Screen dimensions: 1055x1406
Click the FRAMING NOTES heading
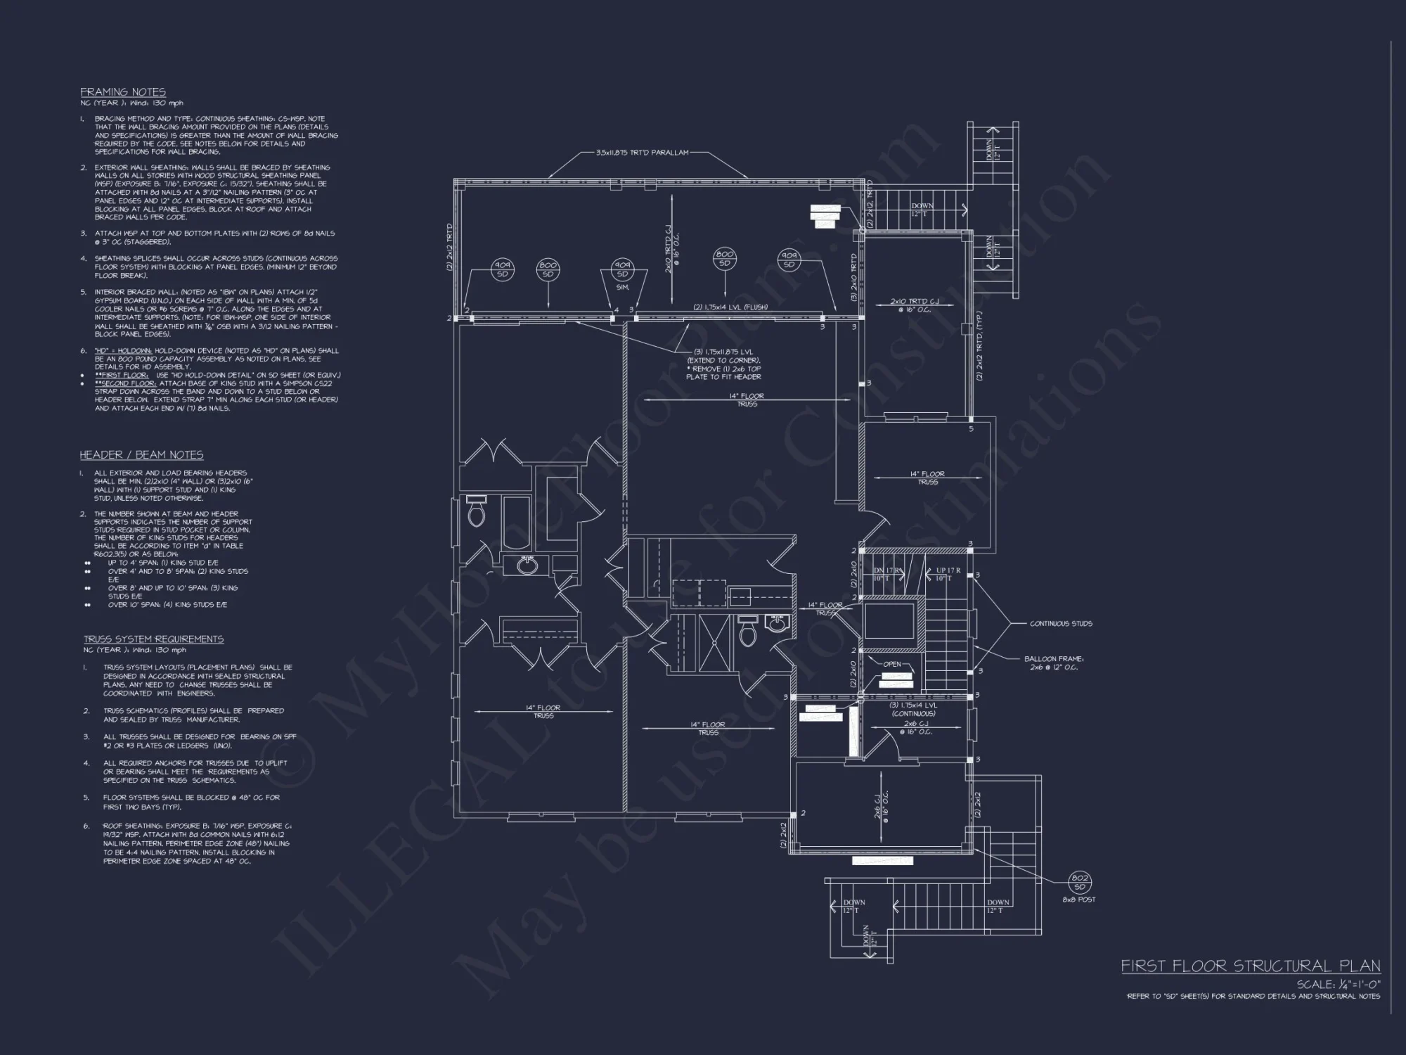pyautogui.click(x=123, y=92)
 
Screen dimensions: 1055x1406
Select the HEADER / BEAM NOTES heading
pyautogui.click(x=141, y=455)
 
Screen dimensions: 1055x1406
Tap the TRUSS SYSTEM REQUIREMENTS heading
pyautogui.click(x=153, y=639)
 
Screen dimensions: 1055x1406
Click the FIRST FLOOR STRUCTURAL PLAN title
pyautogui.click(x=1250, y=966)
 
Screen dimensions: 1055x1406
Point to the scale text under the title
pyautogui.click(x=1339, y=985)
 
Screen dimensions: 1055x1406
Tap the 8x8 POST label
pyautogui.click(x=1079, y=900)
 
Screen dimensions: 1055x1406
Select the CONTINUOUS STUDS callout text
pyautogui.click(x=1061, y=624)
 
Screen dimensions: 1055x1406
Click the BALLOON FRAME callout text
pyautogui.click(x=1054, y=663)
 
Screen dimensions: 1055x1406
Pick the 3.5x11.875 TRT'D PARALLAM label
pyautogui.click(x=642, y=153)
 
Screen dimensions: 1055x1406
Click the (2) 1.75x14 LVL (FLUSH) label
pyautogui.click(x=730, y=307)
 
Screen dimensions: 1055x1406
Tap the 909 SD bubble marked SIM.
pyautogui.click(x=621, y=270)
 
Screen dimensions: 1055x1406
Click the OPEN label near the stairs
pyautogui.click(x=891, y=664)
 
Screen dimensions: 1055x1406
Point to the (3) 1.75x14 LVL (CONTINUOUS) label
pyautogui.click(x=913, y=709)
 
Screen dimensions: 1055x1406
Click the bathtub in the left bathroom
pyautogui.click(x=518, y=524)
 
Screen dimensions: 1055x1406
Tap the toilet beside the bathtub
pyautogui.click(x=477, y=513)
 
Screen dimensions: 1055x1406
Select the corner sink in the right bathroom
pyautogui.click(x=777, y=624)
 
